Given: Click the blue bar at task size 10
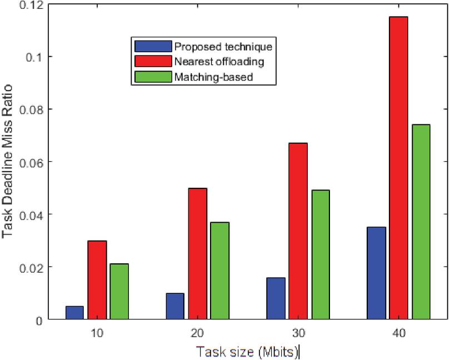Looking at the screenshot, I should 74,313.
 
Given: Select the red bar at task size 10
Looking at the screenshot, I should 97,280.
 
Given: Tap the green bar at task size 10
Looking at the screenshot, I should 119,292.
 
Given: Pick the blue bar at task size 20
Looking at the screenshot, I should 175,306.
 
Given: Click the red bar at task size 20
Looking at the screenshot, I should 197,254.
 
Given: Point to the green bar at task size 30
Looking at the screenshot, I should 320,255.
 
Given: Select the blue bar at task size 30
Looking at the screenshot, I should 276,298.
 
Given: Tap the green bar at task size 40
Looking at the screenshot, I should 421,222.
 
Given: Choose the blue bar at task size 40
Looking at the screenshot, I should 376,273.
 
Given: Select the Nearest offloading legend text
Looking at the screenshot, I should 213,62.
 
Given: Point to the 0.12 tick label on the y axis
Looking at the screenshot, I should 31,5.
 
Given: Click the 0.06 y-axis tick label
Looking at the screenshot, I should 31,162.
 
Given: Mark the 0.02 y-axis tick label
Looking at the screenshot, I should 31,267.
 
